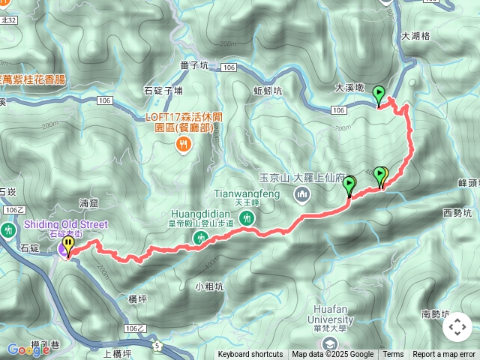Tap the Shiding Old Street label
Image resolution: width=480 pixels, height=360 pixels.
tap(66, 224)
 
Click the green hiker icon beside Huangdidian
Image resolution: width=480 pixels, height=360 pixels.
tap(200, 238)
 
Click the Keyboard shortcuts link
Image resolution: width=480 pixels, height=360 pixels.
tap(250, 355)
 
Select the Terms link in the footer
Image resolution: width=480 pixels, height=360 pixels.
tap(393, 355)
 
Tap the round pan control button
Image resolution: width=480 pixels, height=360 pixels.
tap(457, 327)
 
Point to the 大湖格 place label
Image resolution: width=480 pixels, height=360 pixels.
tap(415, 35)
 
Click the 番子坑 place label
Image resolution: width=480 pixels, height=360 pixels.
tap(194, 66)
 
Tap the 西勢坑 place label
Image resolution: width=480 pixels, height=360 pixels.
tap(457, 213)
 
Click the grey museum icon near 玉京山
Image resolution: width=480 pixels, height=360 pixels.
tap(302, 196)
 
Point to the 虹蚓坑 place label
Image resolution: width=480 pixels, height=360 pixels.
tap(268, 90)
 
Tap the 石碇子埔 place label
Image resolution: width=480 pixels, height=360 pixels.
tap(163, 91)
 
